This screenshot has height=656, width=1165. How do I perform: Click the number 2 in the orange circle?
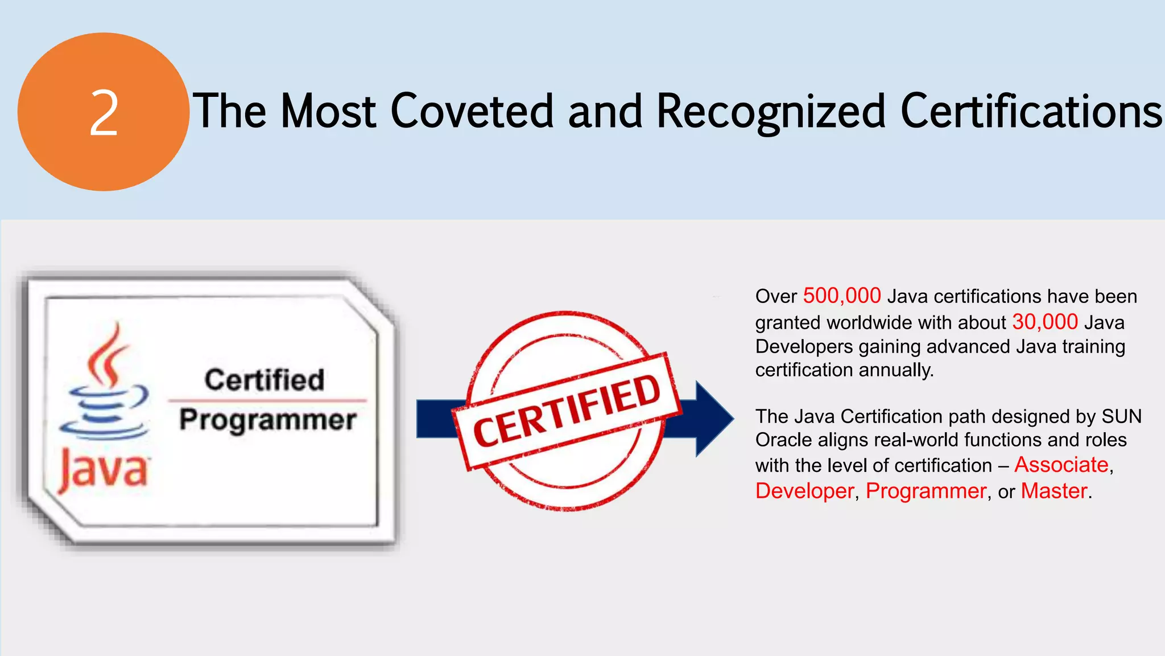104,114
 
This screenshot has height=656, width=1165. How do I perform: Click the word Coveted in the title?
472,111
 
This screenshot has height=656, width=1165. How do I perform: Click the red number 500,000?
842,296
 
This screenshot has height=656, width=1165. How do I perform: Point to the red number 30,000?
1045,322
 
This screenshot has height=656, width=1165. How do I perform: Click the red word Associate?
1061,465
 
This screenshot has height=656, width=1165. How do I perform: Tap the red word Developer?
804,491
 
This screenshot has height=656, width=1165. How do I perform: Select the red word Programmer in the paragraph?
926,491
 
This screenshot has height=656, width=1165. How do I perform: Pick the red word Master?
1054,491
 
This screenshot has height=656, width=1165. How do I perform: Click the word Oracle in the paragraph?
776,440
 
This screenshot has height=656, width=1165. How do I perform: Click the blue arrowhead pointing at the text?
713,419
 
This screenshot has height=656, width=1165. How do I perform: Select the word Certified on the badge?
265,380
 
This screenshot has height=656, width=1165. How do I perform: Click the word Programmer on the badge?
268,420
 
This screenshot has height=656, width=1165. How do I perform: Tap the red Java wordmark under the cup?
104,470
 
